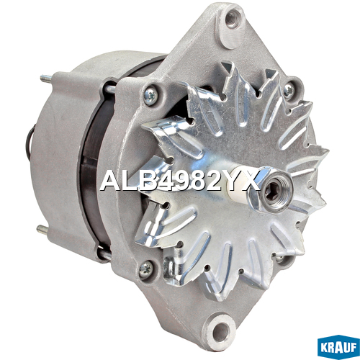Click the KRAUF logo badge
click(x=338, y=347)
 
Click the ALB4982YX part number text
click(x=180, y=181)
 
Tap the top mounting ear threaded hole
click(x=232, y=18)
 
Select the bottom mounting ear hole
click(x=218, y=331)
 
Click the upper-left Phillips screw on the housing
click(x=150, y=96)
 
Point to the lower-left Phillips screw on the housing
click(x=145, y=269)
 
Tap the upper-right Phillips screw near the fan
click(x=289, y=91)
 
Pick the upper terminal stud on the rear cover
click(x=46, y=78)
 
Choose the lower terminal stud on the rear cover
click(x=43, y=229)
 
